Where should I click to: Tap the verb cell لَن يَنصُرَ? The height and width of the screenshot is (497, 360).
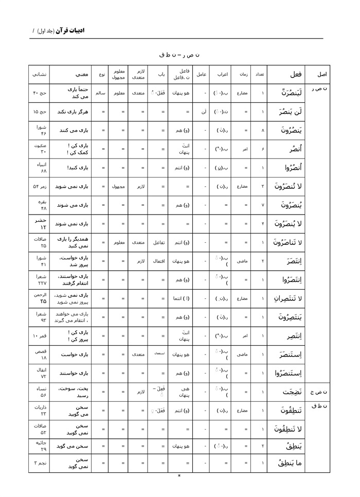pos(285,112)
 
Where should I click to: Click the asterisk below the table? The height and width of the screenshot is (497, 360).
pos(179,476)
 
